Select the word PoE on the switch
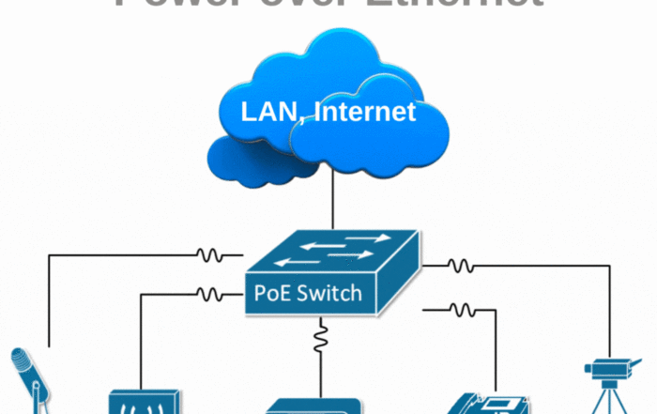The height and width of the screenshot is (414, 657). tap(271, 293)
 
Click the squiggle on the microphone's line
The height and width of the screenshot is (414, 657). tap(208, 253)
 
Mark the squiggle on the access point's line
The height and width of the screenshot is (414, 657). tap(208, 295)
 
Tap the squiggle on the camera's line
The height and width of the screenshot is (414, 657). tap(459, 266)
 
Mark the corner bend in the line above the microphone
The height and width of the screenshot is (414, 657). tap(49, 253)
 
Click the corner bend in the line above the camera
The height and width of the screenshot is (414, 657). tap(611, 266)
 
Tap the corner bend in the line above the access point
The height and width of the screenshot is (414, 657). tap(140, 295)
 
